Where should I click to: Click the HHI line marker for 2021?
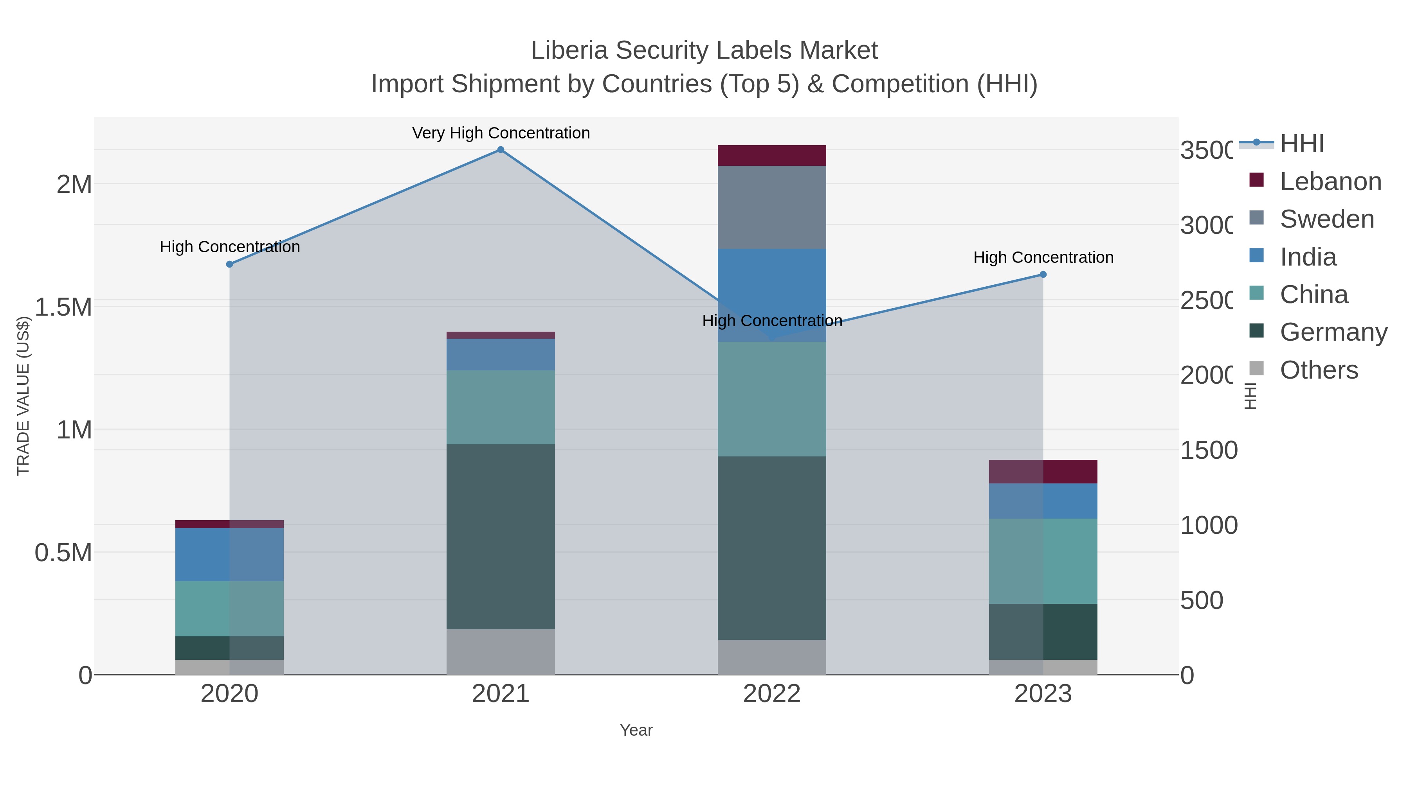[x=501, y=150]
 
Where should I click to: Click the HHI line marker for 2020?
[x=230, y=264]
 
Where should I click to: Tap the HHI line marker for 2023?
[x=1043, y=275]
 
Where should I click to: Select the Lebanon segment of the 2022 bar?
[x=772, y=156]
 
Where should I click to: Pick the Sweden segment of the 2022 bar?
[x=772, y=208]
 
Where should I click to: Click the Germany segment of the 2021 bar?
[x=501, y=537]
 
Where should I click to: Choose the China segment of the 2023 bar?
[x=1043, y=561]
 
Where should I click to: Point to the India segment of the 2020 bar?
[x=229, y=554]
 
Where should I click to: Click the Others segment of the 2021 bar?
[x=501, y=652]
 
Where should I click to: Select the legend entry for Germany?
[x=1333, y=332]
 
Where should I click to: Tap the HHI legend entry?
[x=1302, y=144]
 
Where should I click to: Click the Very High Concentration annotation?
[x=501, y=133]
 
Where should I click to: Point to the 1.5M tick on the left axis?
[x=63, y=307]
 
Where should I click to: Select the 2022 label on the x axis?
[x=772, y=694]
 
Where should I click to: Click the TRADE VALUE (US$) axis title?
[x=23, y=396]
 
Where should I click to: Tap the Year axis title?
[x=636, y=730]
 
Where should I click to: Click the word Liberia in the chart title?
[x=569, y=51]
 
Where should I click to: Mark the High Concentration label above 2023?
[x=1043, y=257]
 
